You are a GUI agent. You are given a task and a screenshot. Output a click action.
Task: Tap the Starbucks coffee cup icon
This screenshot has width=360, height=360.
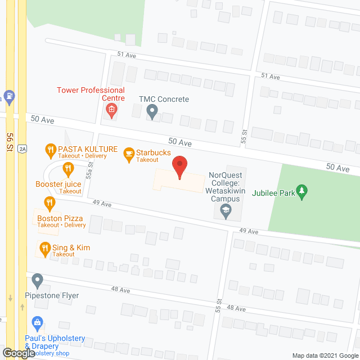[128, 152]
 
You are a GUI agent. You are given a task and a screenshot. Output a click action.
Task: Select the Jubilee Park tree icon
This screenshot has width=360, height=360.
[302, 191]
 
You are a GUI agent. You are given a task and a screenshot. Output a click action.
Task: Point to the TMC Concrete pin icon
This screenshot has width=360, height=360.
[152, 112]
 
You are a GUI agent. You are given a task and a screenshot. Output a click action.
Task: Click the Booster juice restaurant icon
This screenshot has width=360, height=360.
[68, 167]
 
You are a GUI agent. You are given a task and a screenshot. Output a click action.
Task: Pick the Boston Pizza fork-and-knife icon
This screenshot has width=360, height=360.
[49, 202]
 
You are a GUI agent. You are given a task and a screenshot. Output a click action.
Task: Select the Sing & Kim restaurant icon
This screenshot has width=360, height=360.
[44, 247]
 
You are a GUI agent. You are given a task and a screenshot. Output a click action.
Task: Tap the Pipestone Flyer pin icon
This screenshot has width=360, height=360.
[37, 280]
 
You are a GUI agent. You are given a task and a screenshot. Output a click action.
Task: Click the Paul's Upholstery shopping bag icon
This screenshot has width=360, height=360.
[37, 323]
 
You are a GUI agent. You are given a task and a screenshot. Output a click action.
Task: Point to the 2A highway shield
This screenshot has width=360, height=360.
[21, 148]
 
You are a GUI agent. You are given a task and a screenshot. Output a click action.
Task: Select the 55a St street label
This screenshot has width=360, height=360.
[89, 170]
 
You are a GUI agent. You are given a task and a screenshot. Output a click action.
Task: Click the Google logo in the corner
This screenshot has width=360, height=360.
[18, 353]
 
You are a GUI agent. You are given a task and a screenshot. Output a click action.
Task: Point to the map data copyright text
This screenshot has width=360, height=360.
[323, 355]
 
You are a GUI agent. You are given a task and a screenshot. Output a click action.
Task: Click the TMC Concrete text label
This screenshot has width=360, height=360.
[164, 100]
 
